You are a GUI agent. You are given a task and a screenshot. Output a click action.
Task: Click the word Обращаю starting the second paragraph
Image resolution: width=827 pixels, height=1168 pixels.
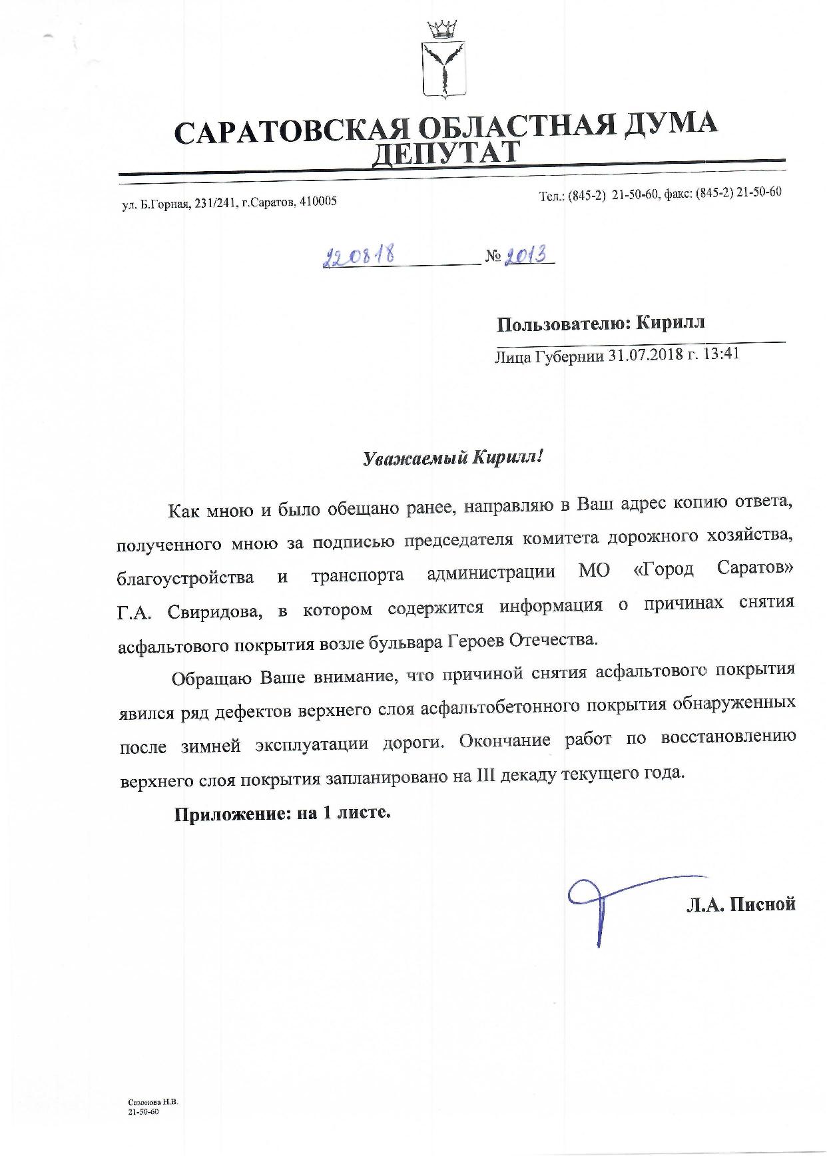tap(210, 679)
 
